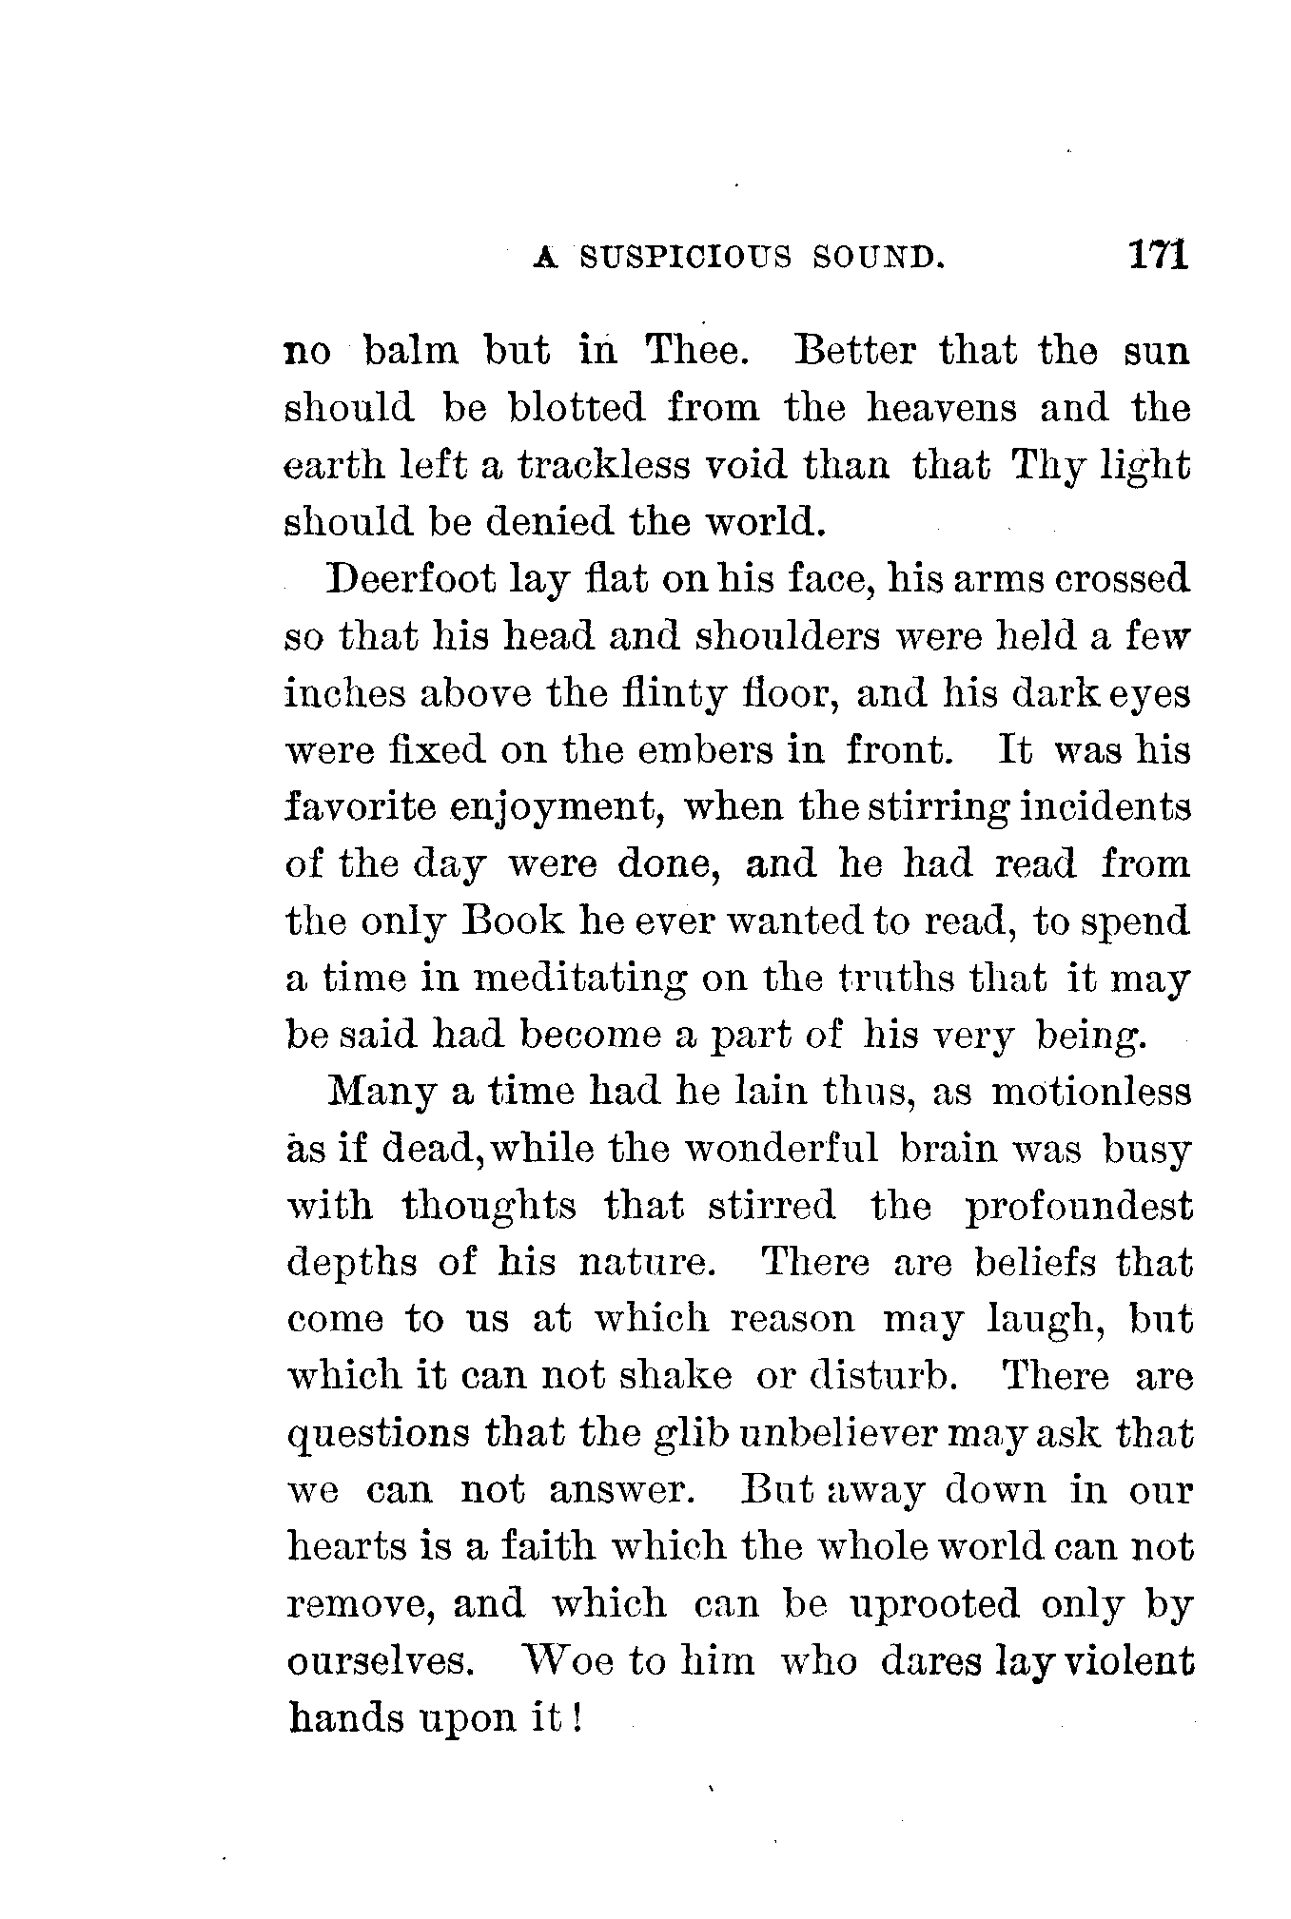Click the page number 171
(x=1156, y=256)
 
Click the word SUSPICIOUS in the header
(x=684, y=258)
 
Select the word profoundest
(x=1078, y=1208)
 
